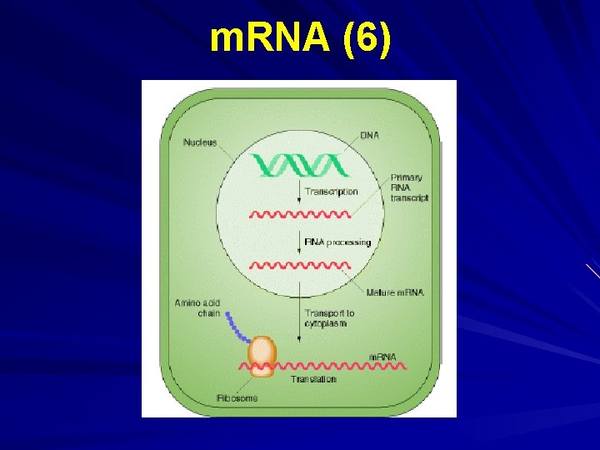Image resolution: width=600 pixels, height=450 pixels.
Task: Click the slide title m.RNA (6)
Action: (x=300, y=39)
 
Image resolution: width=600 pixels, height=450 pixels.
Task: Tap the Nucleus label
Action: (x=200, y=142)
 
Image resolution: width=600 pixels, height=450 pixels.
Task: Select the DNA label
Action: (x=369, y=135)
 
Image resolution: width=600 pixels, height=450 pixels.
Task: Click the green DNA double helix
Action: (x=300, y=165)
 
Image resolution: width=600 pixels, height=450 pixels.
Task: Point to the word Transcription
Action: (x=331, y=192)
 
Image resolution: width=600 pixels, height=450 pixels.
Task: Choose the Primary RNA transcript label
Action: (x=409, y=187)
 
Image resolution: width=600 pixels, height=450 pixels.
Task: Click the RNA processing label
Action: (x=337, y=242)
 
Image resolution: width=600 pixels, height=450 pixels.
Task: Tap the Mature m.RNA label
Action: (x=395, y=292)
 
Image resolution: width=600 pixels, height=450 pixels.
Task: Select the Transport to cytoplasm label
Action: (x=329, y=318)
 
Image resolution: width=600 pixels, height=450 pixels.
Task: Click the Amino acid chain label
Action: (x=197, y=308)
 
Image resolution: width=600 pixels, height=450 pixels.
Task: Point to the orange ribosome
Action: (x=261, y=357)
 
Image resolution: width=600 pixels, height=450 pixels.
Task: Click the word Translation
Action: (x=313, y=379)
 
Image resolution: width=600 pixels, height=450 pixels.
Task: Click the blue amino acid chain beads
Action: (x=237, y=328)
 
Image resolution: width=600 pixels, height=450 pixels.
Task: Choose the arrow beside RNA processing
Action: (x=299, y=242)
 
